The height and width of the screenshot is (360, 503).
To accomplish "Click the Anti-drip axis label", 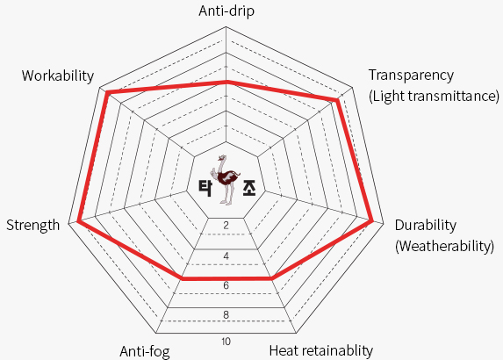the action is click(226, 11).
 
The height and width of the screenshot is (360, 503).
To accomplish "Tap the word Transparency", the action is click(411, 76).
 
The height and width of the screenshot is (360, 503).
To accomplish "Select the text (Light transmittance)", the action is click(434, 97).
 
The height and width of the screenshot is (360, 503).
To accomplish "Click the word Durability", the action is click(426, 226).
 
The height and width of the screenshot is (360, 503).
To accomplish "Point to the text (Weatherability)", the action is click(444, 247).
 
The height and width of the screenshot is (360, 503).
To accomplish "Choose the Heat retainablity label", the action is click(321, 350).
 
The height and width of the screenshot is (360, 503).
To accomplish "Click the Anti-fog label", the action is click(145, 351).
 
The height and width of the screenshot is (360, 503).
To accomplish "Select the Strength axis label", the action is click(33, 226).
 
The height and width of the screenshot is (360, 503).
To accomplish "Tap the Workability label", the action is click(58, 76).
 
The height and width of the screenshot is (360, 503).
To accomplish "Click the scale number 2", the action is click(226, 226).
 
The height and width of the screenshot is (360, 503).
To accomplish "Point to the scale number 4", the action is click(226, 256).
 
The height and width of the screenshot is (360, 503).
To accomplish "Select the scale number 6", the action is click(226, 285).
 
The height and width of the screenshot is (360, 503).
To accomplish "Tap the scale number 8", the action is click(226, 314).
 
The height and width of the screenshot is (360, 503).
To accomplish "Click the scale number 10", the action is click(226, 342).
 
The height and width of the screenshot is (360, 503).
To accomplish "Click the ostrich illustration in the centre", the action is click(226, 179).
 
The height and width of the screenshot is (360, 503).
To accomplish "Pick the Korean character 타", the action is click(205, 188).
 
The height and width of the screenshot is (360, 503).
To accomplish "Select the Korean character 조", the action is click(249, 188).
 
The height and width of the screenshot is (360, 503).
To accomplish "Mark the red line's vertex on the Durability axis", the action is click(372, 220).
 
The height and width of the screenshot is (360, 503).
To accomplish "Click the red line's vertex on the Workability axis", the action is click(108, 92).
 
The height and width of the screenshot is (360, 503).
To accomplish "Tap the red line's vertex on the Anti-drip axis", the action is click(226, 83).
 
